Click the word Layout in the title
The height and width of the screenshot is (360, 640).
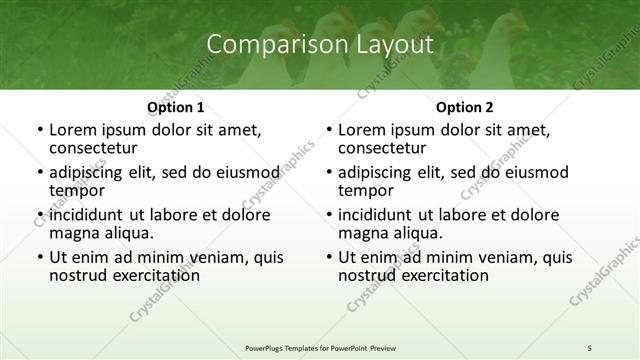[392, 45]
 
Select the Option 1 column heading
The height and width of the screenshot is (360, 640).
[176, 107]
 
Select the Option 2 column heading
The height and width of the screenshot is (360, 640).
[465, 107]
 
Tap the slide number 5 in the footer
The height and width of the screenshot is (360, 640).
[590, 347]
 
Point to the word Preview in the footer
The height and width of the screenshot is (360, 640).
[396, 347]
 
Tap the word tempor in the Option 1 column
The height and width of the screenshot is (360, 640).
[77, 189]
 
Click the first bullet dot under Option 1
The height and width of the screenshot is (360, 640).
[39, 131]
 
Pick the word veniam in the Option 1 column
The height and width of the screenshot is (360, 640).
[194, 257]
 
